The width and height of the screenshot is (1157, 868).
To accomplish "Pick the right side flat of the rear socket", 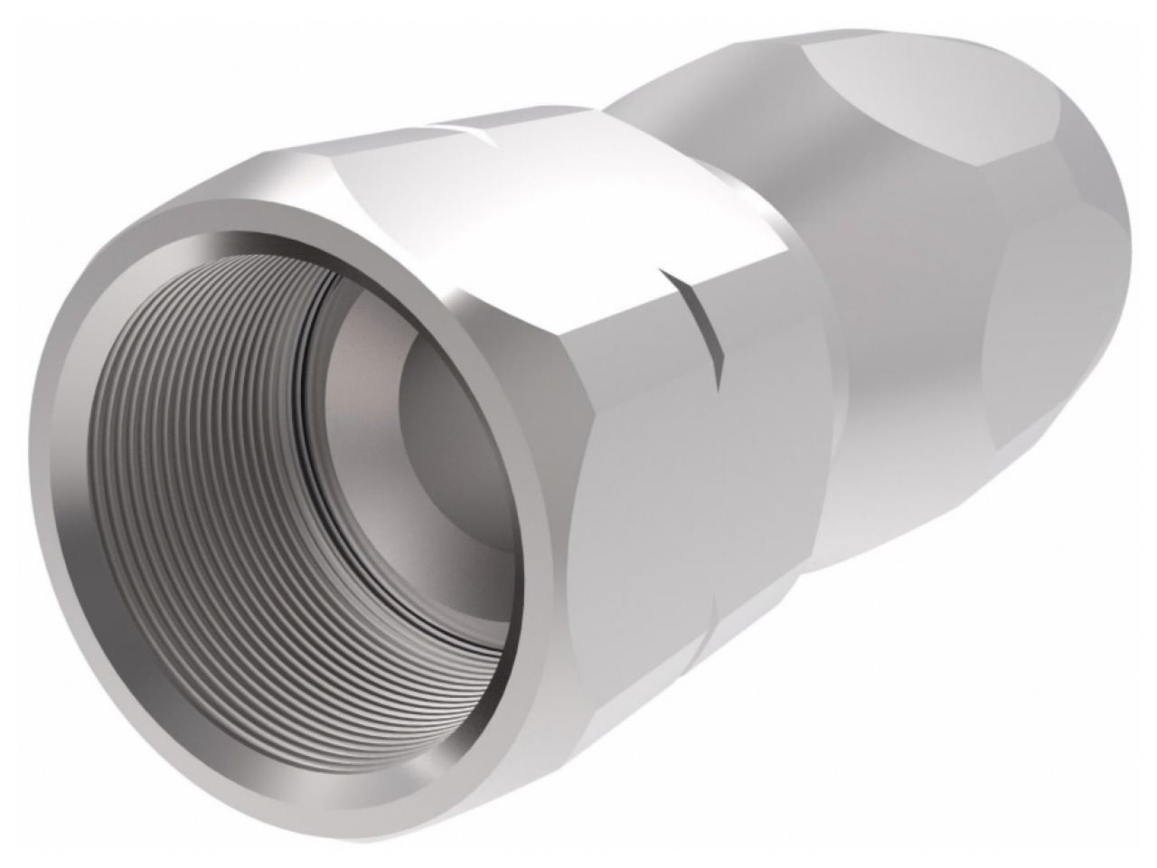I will coord(1067,298).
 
